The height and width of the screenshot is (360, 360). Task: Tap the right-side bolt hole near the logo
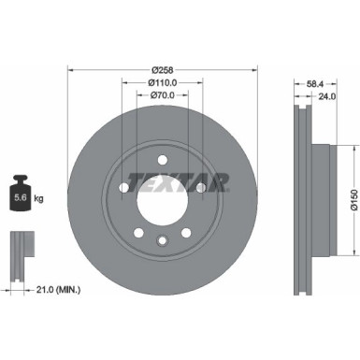[200, 187]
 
